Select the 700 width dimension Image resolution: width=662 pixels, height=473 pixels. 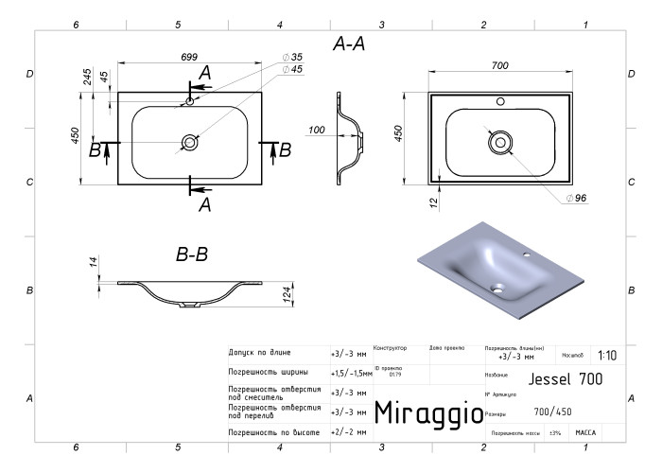[500, 65]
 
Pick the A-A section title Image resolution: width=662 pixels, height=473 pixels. [349, 44]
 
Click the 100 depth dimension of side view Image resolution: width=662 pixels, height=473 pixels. [317, 130]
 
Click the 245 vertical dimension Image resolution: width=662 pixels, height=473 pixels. [88, 79]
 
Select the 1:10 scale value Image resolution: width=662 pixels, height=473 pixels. [607, 356]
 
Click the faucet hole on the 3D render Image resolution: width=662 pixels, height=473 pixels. [527, 254]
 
